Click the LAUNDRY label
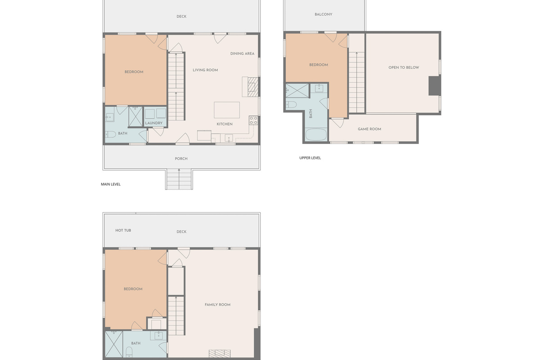(x=153, y=123)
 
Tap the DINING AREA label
(x=242, y=54)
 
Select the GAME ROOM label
(x=369, y=129)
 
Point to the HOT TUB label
(x=123, y=230)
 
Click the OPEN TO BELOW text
(x=404, y=67)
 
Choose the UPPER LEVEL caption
(x=310, y=158)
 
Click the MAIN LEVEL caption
(x=111, y=184)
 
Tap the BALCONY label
(x=323, y=14)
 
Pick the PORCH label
(x=181, y=159)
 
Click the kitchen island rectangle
(x=227, y=110)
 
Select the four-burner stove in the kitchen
(x=253, y=120)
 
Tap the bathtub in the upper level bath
(x=316, y=135)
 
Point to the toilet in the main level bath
(x=110, y=134)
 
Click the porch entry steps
(x=179, y=179)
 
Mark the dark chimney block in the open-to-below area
(x=434, y=85)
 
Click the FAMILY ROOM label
(x=217, y=305)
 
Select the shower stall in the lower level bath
(x=114, y=344)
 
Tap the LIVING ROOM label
(x=205, y=70)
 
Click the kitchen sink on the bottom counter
(x=229, y=138)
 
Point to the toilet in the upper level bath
(x=291, y=105)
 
